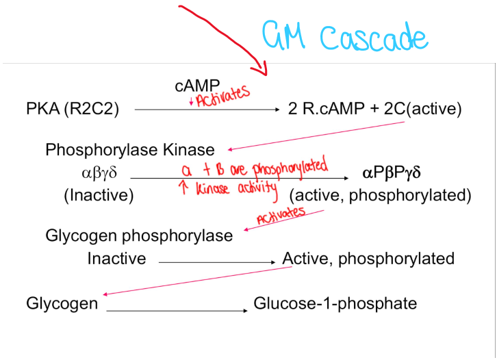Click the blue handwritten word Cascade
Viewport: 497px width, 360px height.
pos(374,38)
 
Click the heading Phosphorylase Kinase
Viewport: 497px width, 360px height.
pos(130,149)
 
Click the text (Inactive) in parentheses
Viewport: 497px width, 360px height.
pos(99,195)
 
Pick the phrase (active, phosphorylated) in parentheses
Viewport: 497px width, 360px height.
pos(380,195)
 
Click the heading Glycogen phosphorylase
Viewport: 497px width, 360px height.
pos(139,235)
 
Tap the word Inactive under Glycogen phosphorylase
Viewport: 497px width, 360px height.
pos(116,259)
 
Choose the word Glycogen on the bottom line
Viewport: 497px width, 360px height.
pos(62,303)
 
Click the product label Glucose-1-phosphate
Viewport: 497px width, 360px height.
pos(335,303)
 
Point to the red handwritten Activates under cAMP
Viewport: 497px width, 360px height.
pos(220,98)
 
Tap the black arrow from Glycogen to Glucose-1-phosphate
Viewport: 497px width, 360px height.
pos(177,311)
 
